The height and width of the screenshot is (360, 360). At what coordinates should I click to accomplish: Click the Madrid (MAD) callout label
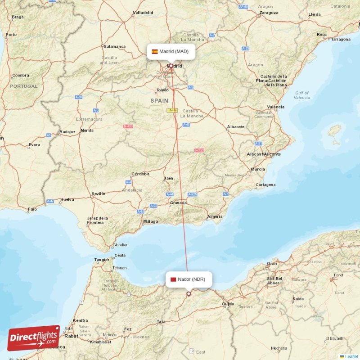(x=171, y=51)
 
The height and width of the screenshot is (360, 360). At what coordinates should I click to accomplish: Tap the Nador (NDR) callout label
(x=189, y=279)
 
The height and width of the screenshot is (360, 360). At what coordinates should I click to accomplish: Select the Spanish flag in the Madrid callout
(x=155, y=51)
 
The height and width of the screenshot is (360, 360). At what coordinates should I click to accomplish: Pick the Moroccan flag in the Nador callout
(x=173, y=279)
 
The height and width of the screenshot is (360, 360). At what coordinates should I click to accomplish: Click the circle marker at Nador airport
(x=189, y=294)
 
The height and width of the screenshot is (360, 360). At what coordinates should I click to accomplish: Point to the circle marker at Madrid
(x=171, y=66)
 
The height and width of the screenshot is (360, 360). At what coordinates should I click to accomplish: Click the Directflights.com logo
(x=34, y=337)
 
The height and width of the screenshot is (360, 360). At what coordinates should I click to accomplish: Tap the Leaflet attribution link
(x=351, y=356)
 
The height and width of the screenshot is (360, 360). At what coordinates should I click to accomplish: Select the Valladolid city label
(x=143, y=13)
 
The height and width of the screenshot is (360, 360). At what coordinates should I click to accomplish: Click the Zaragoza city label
(x=269, y=13)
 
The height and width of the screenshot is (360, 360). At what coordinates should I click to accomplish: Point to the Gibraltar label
(x=120, y=245)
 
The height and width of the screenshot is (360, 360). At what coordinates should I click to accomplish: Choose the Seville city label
(x=98, y=193)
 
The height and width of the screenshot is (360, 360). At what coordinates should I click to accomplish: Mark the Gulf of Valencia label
(x=302, y=95)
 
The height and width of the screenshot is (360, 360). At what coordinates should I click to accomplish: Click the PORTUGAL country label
(x=24, y=86)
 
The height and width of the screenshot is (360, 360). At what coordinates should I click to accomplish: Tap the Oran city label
(x=272, y=263)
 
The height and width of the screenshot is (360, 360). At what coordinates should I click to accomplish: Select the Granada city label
(x=178, y=202)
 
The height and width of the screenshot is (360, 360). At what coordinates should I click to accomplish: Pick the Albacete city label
(x=236, y=126)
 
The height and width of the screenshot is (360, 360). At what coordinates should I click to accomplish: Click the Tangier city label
(x=101, y=260)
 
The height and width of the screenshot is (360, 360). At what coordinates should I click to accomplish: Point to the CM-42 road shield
(x=172, y=110)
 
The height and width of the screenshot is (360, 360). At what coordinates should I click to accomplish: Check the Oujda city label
(x=228, y=304)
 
